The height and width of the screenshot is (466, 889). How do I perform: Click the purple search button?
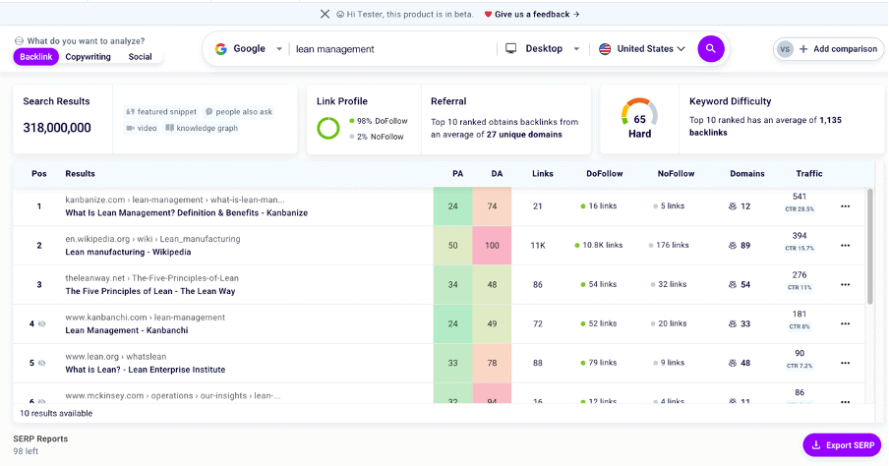tap(711, 48)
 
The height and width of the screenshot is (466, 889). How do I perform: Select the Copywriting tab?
tap(88, 57)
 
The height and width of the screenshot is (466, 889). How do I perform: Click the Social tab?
tap(140, 57)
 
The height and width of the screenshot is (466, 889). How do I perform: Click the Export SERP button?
tap(842, 445)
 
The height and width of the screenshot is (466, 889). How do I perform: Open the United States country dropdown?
tap(642, 48)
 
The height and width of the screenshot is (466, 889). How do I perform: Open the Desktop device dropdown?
tap(543, 48)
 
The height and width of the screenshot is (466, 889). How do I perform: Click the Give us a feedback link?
tap(531, 14)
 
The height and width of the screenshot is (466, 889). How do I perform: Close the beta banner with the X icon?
tap(326, 14)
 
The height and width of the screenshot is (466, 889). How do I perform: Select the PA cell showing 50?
tap(452, 245)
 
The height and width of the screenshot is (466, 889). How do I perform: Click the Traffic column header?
tap(808, 174)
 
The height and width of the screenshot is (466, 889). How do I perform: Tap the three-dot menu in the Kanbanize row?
tap(845, 206)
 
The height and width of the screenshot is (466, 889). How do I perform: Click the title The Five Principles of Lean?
tap(149, 291)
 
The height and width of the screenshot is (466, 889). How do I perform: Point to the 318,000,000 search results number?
tap(57, 128)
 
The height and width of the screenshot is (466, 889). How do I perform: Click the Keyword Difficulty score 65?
tap(639, 119)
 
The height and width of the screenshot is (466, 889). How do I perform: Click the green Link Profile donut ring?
tap(328, 128)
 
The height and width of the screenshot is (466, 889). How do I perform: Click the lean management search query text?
tap(334, 48)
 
